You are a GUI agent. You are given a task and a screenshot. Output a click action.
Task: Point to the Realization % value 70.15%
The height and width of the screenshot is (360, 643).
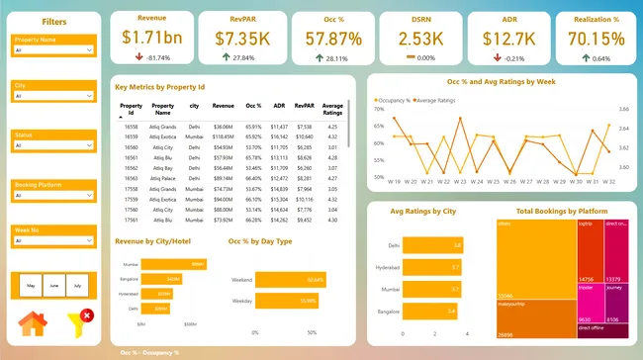[589, 38]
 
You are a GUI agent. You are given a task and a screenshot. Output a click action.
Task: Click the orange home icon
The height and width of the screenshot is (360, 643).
[33, 323]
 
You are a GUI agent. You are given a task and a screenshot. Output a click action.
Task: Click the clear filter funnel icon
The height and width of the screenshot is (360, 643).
[80, 322]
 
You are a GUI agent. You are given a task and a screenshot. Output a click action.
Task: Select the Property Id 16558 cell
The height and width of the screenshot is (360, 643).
[131, 127]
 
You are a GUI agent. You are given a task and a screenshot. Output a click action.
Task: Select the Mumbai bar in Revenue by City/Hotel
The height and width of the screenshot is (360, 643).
[173, 265]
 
